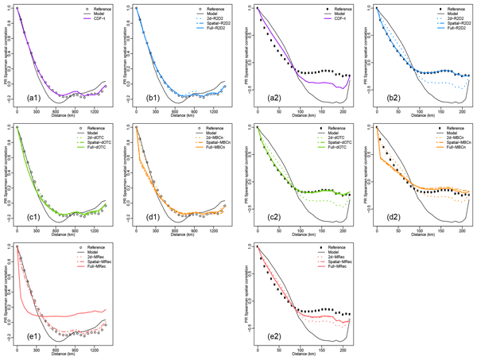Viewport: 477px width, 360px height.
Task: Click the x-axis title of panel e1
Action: pyautogui.click(x=64, y=355)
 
